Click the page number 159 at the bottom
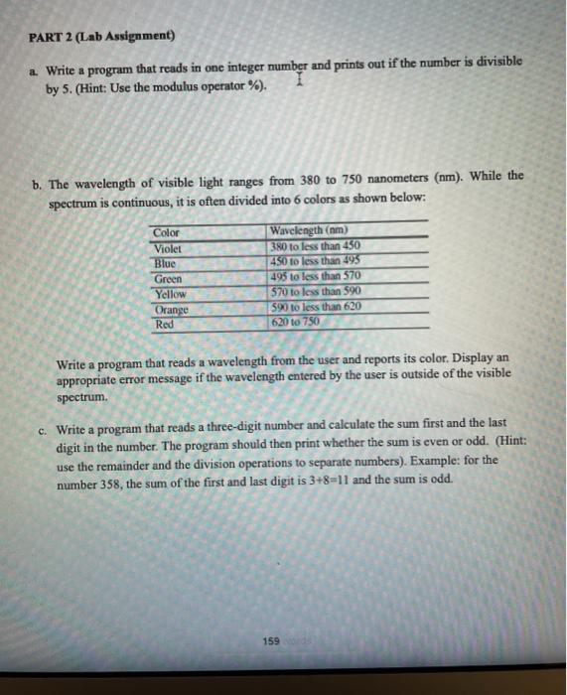271,641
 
